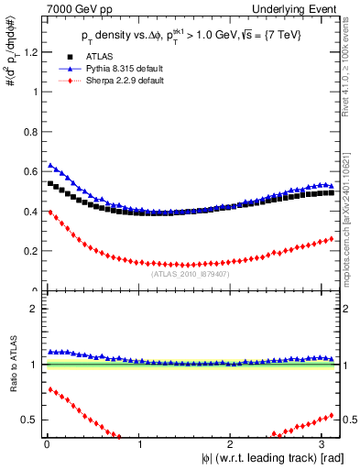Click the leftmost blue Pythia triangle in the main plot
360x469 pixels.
point(49,165)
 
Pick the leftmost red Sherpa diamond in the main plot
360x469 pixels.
point(49,212)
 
